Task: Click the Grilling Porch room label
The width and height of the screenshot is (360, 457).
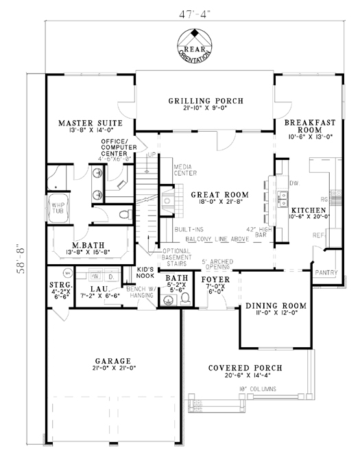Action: pyautogui.click(x=205, y=102)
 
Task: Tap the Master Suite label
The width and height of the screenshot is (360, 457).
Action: pyautogui.click(x=90, y=123)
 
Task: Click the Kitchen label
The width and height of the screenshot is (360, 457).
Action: pyautogui.click(x=307, y=209)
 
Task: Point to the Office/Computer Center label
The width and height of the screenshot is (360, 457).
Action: pyautogui.click(x=119, y=148)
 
